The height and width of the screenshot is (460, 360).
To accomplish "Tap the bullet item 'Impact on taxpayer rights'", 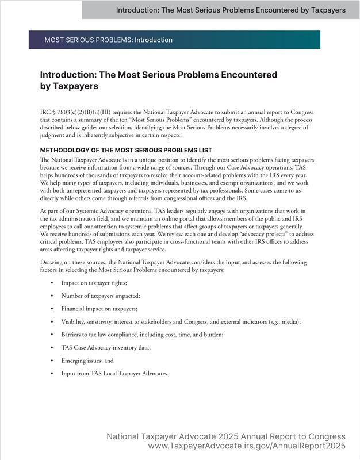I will pos(94,283).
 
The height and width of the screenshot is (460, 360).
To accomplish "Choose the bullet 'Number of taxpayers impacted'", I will pos(101,295).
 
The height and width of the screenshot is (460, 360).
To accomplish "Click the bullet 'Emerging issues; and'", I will pos(87,361).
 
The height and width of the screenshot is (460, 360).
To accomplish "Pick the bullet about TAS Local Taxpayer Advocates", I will pos(115,374).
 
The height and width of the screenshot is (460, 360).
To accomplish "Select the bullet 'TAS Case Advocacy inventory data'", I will pos(106,348).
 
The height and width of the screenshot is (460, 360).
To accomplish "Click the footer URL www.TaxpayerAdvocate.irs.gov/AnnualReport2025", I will pos(247,446).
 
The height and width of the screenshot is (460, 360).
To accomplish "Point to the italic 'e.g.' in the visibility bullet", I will pos(274,322).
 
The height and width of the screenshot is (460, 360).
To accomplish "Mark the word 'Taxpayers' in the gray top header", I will pos(323,10).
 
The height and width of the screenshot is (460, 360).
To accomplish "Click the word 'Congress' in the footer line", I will pos(325,436).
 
